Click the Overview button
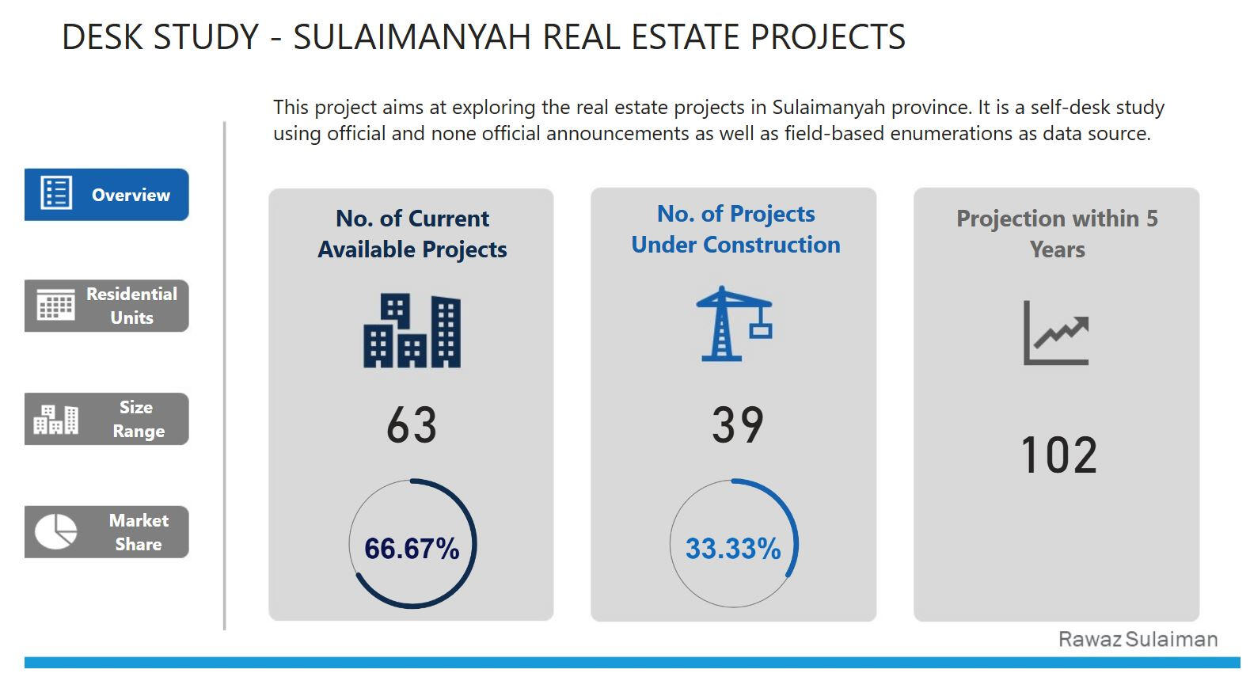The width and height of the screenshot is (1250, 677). [x=107, y=195]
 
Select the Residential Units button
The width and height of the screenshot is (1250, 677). [x=107, y=306]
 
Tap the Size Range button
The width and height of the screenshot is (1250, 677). [x=107, y=419]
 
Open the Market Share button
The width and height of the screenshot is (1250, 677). [x=107, y=532]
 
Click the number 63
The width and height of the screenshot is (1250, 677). [x=412, y=425]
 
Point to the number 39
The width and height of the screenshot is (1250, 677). [x=737, y=424]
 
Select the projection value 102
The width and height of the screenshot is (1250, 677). [x=1058, y=455]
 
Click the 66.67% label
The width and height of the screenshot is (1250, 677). [x=412, y=548]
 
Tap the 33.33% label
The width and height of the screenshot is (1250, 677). [x=733, y=548]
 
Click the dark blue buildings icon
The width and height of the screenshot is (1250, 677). [x=412, y=331]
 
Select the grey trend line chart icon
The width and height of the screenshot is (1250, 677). [x=1056, y=333]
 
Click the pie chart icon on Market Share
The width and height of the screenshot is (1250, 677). [x=55, y=531]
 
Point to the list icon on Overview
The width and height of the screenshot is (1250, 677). [x=56, y=193]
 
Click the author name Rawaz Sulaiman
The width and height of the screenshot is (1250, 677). [x=1138, y=640]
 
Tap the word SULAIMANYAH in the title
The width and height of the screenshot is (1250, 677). [x=412, y=37]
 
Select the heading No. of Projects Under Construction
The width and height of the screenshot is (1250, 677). [x=735, y=229]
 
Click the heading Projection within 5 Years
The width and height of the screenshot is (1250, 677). [x=1057, y=234]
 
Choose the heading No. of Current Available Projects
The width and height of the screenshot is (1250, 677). [x=412, y=234]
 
